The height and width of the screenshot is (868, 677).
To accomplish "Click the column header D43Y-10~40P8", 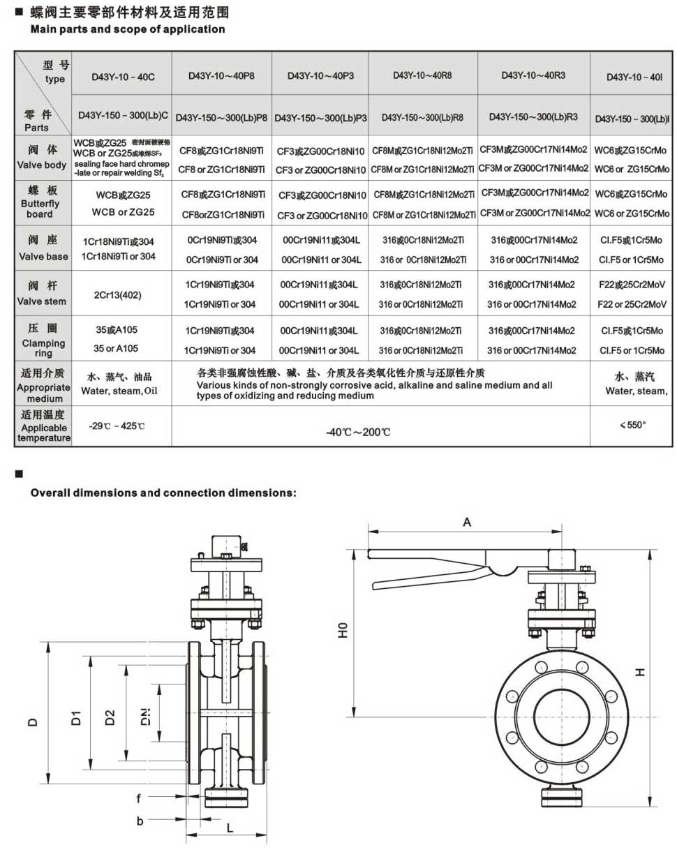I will coord(221,75).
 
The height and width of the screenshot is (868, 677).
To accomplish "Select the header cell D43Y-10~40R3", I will coord(533,75).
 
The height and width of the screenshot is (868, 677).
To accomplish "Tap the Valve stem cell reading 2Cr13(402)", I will coord(117,294).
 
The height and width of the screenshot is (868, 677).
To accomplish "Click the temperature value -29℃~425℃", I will coord(117,426).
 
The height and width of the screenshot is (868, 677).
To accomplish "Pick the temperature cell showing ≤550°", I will coord(632,425).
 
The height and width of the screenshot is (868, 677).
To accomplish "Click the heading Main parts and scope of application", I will coord(128,29).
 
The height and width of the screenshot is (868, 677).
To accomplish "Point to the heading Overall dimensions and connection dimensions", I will coord(163,493).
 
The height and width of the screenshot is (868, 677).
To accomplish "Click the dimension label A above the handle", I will coord(467,522).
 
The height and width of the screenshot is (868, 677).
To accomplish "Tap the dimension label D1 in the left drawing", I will coord(77,717).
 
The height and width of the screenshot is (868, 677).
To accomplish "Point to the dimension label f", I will coord(139,798).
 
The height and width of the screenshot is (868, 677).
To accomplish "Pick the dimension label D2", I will coord(110,717).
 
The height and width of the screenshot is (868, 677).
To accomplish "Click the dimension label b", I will coord(140,821).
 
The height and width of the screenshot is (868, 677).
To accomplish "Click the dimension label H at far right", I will coord(639,672).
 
